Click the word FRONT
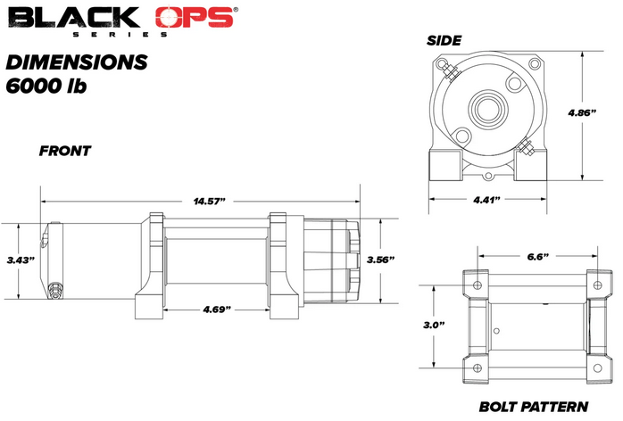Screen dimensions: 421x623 point(64,151)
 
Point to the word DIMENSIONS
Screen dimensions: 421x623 point(76,62)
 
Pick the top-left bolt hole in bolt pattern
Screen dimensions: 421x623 point(475,285)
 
